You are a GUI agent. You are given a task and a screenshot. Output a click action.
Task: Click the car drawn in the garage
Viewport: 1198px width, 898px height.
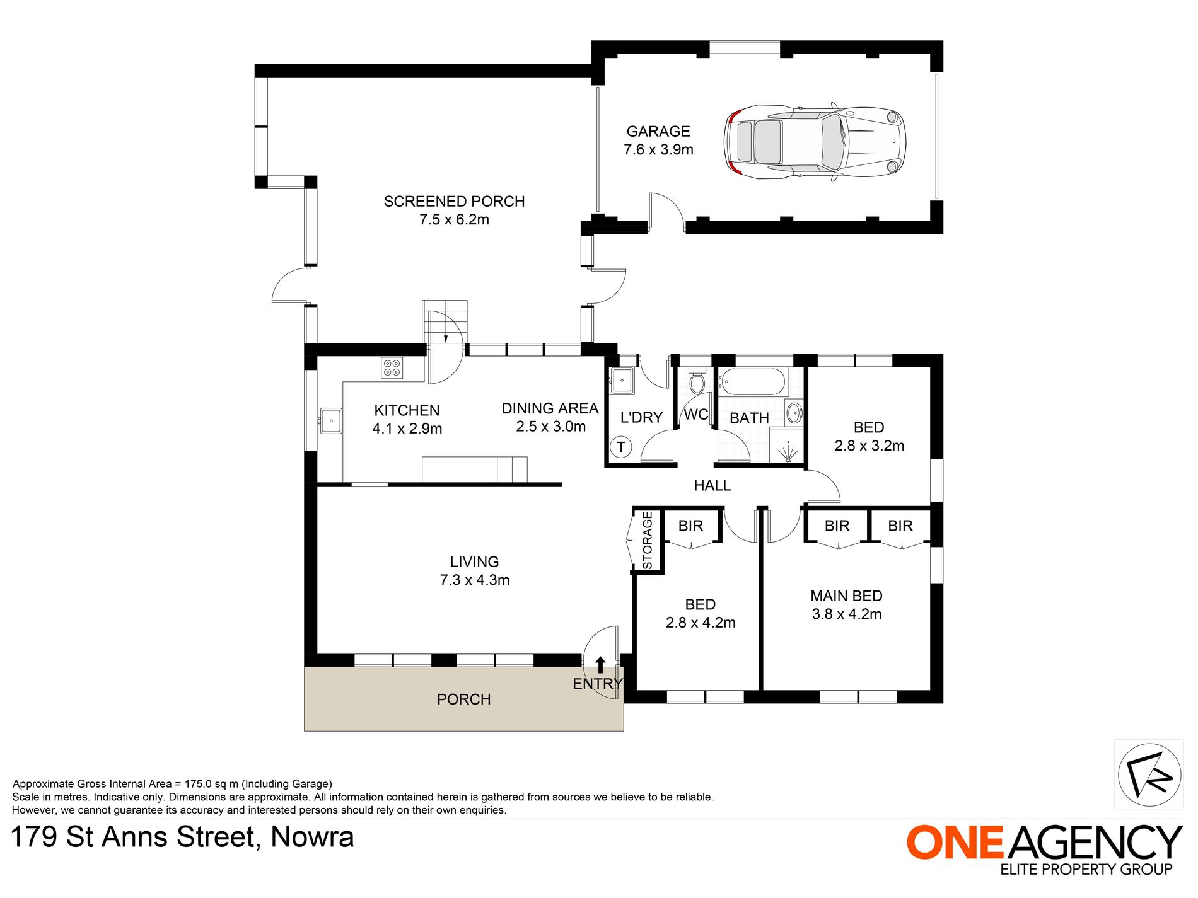(815, 142)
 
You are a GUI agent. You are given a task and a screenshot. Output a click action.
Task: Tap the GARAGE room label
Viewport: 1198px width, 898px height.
(658, 132)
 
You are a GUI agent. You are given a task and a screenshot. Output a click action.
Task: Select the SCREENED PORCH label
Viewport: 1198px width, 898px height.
(454, 202)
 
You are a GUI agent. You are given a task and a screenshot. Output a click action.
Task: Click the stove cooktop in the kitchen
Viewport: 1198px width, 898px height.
(392, 368)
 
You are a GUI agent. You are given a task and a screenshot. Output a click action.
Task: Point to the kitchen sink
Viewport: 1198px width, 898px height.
(330, 421)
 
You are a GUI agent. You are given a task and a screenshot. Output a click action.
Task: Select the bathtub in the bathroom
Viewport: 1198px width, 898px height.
(753, 382)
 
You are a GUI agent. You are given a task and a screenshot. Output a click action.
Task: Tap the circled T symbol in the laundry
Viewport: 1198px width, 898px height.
(621, 447)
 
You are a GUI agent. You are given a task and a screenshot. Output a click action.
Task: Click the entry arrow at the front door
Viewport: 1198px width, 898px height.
(600, 665)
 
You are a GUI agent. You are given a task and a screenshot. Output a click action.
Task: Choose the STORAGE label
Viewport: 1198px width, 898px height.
(648, 541)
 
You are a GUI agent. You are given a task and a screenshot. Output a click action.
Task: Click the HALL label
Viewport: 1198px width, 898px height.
(712, 486)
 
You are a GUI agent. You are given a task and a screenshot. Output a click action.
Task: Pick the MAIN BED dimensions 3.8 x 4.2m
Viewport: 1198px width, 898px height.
(847, 614)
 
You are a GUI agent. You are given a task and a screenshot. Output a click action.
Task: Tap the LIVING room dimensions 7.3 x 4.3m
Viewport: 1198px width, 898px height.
(475, 580)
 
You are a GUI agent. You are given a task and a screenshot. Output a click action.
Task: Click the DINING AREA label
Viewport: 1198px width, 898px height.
(550, 409)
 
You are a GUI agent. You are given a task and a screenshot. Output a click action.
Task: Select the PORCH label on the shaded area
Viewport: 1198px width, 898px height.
(463, 699)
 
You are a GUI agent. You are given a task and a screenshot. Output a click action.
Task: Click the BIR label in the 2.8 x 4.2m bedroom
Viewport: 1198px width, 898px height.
(690, 526)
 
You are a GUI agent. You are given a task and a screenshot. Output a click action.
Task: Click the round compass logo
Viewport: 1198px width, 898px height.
(1149, 775)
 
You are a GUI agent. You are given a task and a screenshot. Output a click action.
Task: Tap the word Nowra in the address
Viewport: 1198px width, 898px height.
(312, 838)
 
